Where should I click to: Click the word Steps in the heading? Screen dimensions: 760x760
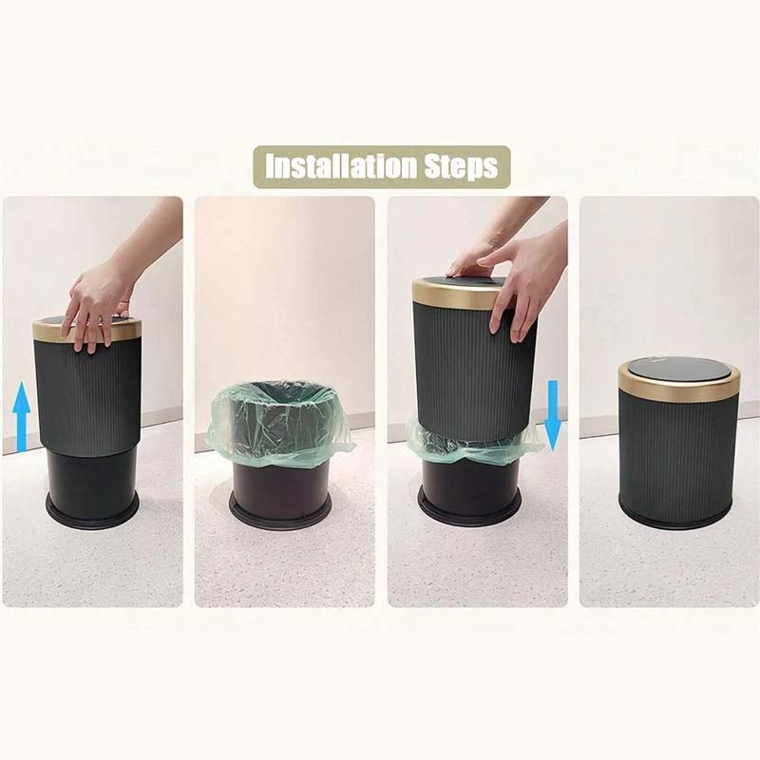coord(462,166)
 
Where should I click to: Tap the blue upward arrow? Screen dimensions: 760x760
coord(21,413)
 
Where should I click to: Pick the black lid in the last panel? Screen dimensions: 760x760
coord(677,367)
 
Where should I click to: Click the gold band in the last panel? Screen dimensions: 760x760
coord(678,387)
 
